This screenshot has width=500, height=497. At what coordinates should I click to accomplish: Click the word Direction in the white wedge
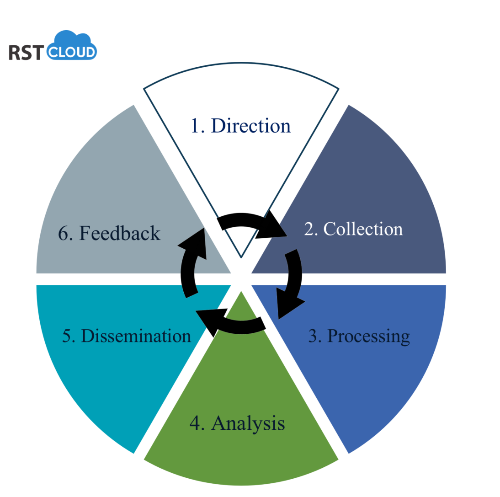[250, 126]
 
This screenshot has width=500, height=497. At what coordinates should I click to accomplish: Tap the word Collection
[363, 229]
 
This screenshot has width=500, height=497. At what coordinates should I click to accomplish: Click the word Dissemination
[136, 336]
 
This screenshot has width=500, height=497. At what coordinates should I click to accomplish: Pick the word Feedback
[120, 233]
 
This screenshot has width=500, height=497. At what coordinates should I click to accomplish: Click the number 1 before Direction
[196, 126]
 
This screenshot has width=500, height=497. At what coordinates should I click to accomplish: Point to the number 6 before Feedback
[63, 234]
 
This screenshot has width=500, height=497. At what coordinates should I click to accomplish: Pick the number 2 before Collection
[309, 229]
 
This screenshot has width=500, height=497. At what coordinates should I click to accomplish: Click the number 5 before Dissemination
[67, 337]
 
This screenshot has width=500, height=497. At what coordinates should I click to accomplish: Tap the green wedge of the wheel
[241, 389]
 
